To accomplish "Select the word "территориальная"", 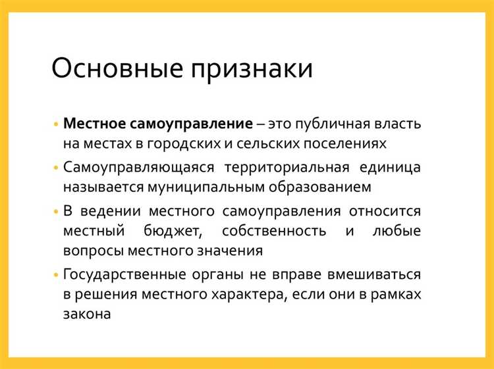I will pyautogui.click(x=283, y=167).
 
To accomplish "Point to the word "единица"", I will pyautogui.click(x=393, y=167).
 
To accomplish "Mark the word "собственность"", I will pyautogui.click(x=274, y=231).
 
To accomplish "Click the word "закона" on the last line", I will pyautogui.click(x=86, y=315).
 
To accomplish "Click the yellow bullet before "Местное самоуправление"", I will pyautogui.click(x=57, y=124).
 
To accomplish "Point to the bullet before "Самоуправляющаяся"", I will pyautogui.click(x=57, y=167).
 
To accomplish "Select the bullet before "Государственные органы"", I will pyautogui.click(x=57, y=274).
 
